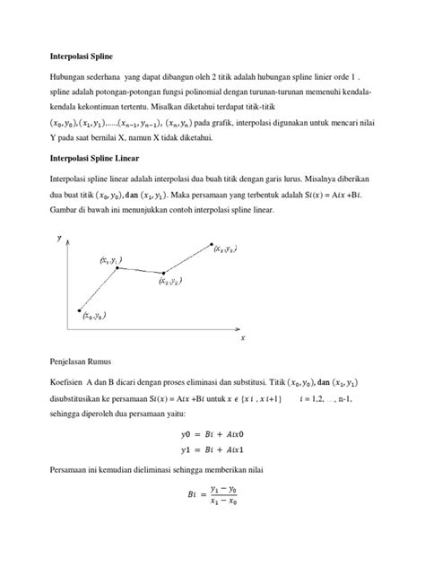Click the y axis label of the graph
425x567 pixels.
pos(59,238)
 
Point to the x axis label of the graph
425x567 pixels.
pos(242,339)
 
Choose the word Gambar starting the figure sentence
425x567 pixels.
pos(65,210)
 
